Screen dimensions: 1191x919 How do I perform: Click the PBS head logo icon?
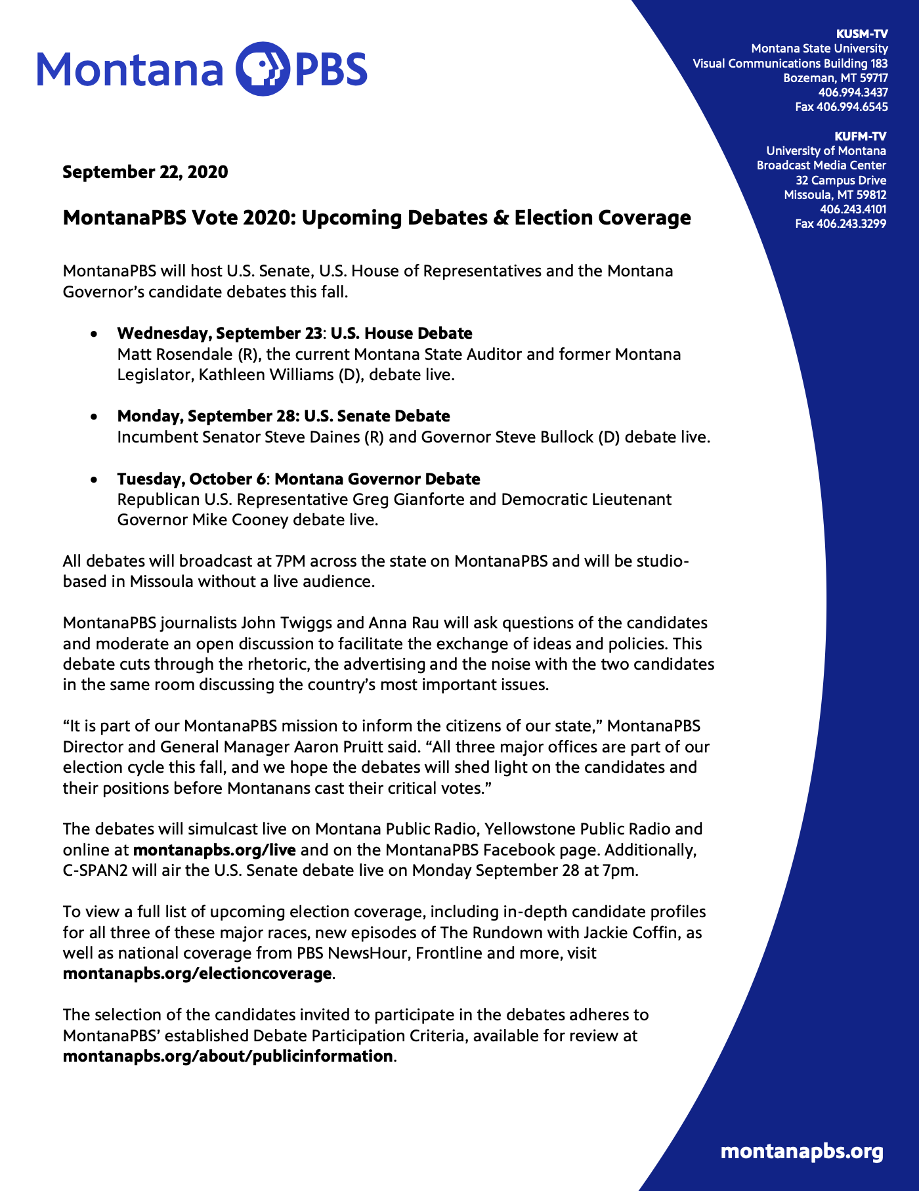pos(262,69)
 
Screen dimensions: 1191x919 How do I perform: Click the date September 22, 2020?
pos(145,172)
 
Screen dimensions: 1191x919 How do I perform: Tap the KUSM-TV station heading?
pos(861,34)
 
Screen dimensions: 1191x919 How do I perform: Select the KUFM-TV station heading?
pos(860,137)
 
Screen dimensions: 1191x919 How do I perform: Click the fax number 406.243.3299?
pos(841,224)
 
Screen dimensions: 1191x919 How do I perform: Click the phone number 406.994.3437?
pos(853,93)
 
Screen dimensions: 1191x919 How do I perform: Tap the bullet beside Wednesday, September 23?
pos(95,334)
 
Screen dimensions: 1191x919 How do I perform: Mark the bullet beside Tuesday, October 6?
pos(95,480)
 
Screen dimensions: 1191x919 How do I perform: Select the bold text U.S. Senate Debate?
pos(377,416)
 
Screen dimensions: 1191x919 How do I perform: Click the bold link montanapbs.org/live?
pos(214,850)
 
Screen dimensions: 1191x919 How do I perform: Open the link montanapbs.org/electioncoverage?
pos(197,974)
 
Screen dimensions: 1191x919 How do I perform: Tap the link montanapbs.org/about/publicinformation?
pos(228,1056)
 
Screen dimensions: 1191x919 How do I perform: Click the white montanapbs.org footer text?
pos(801,1151)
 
